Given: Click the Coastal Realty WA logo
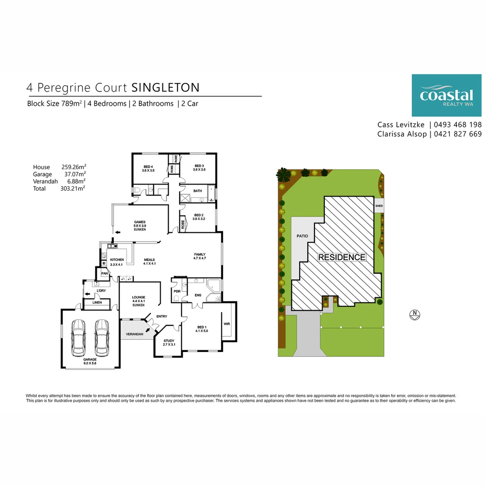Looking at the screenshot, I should (x=442, y=95).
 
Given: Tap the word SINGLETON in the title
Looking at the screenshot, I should (x=166, y=87).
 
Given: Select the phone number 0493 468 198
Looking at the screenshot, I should (x=458, y=125).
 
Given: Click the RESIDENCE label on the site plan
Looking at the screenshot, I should (x=342, y=257).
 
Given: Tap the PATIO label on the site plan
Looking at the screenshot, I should (x=302, y=236).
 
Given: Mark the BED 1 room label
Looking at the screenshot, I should (x=201, y=329).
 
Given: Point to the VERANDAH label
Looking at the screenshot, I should (x=135, y=334).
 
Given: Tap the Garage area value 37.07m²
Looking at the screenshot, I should (x=75, y=174).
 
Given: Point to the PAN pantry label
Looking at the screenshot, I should (x=104, y=273).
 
